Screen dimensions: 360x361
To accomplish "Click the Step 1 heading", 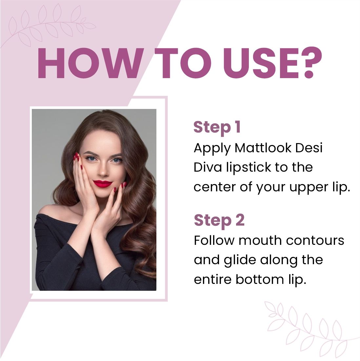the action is point(217,127).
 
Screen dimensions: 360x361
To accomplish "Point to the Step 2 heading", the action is point(219,220).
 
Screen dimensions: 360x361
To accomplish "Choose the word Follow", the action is point(214,240).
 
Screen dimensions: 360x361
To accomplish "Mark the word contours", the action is point(315,241).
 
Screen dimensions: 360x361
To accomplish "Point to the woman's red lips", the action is point(103,183).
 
